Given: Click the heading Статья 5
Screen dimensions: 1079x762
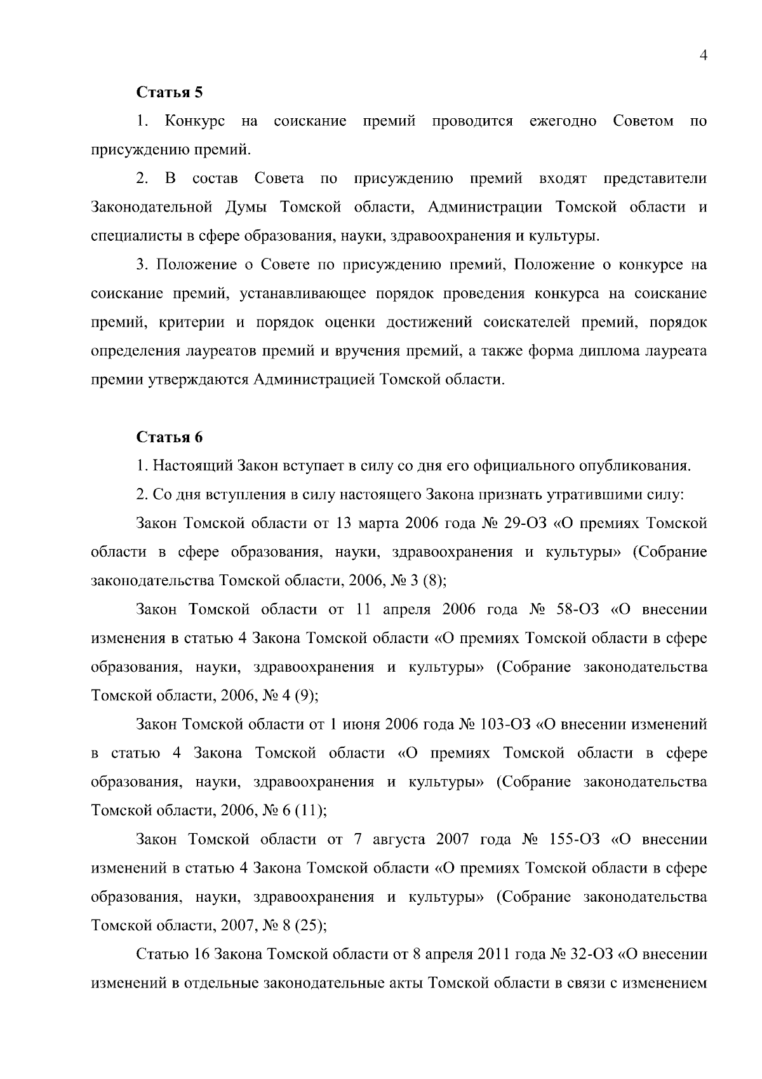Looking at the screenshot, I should click(x=170, y=92).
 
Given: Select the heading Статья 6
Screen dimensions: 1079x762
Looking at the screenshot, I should click(x=170, y=438).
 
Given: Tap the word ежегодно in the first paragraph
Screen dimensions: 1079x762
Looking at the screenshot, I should click(x=563, y=121).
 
